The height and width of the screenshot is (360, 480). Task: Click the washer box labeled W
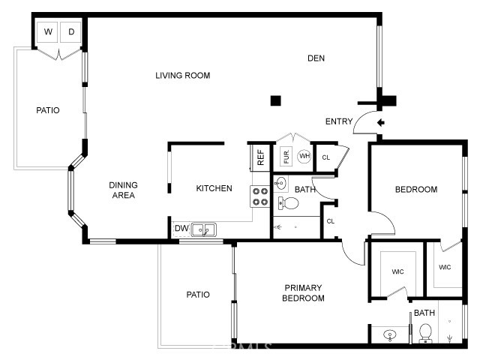click(x=47, y=31)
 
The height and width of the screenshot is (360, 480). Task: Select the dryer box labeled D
click(x=70, y=31)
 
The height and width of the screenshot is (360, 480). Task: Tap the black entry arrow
click(x=380, y=123)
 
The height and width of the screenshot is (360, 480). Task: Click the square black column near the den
click(x=275, y=100)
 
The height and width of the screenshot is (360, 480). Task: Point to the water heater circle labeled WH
click(x=304, y=156)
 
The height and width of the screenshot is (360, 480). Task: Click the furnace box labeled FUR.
click(x=286, y=157)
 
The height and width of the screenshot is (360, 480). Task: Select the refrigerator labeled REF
click(x=260, y=157)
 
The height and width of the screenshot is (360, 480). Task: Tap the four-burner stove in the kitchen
click(x=260, y=196)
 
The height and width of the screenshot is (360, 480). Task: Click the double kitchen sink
click(x=203, y=229)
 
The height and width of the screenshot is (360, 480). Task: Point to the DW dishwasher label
click(x=181, y=228)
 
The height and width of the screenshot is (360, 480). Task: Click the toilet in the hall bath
click(x=288, y=203)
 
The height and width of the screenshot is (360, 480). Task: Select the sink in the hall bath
click(x=280, y=184)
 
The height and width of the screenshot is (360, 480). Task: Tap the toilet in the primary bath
click(x=425, y=333)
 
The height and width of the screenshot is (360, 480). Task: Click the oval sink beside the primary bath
click(x=390, y=334)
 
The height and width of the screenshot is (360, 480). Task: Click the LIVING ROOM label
click(x=183, y=76)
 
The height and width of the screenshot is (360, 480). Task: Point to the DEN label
click(x=316, y=58)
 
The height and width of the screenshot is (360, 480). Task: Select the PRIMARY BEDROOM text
click(x=303, y=293)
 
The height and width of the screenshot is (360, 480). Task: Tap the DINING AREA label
click(x=123, y=190)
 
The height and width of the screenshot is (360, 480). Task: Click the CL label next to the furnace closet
click(x=326, y=157)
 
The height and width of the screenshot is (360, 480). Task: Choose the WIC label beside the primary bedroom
click(x=397, y=271)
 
